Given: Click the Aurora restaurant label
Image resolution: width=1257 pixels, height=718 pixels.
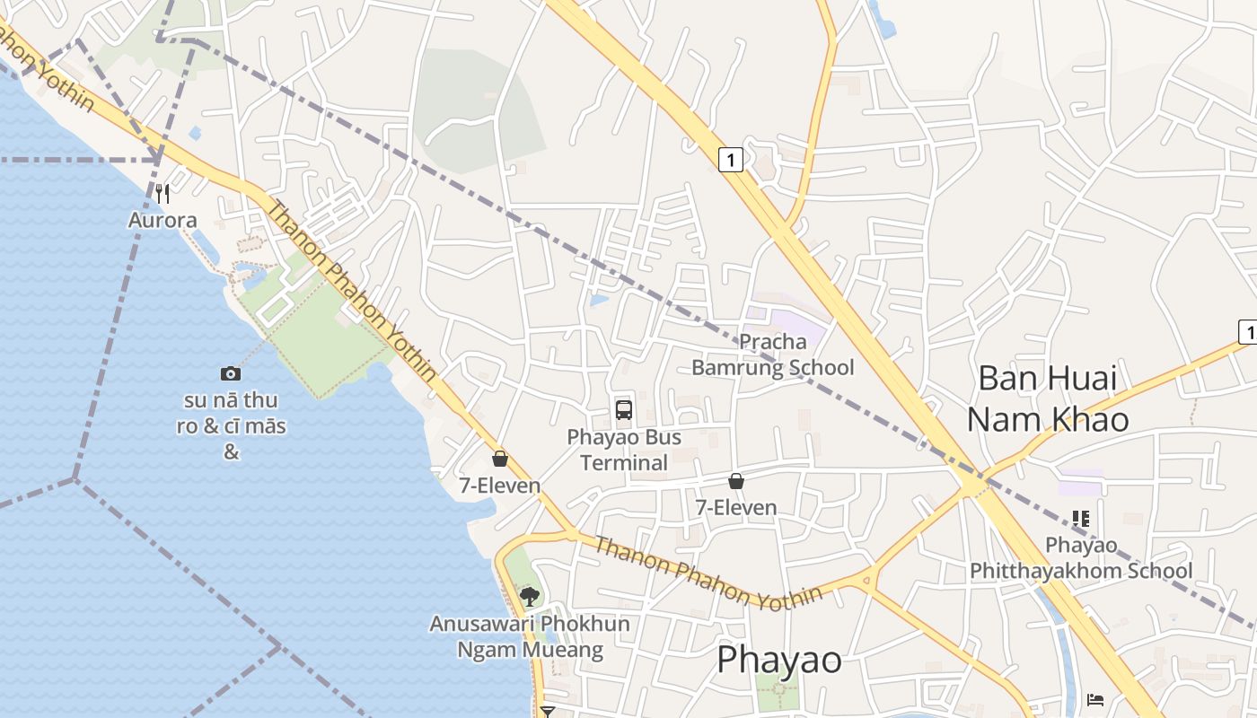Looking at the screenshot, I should pyautogui.click(x=163, y=220).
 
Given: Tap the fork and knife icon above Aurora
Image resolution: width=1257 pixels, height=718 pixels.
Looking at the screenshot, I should pyautogui.click(x=163, y=193).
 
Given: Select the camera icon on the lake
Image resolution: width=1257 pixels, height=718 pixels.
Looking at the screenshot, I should pyautogui.click(x=231, y=373).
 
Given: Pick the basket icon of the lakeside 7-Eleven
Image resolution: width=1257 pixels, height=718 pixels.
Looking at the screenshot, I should pyautogui.click(x=500, y=459).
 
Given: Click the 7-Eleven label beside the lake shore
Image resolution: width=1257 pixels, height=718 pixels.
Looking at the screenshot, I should pyautogui.click(x=500, y=486).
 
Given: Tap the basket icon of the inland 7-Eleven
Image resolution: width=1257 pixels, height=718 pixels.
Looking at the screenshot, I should pyautogui.click(x=736, y=481).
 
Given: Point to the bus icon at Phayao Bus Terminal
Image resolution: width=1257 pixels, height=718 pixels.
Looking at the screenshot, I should pyautogui.click(x=624, y=410).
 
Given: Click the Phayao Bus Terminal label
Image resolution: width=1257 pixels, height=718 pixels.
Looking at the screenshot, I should pyautogui.click(x=624, y=450).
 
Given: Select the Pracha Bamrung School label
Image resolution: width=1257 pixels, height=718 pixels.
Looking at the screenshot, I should pyautogui.click(x=772, y=355).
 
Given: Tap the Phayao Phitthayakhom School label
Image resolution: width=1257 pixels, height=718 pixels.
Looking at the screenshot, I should pyautogui.click(x=1081, y=558).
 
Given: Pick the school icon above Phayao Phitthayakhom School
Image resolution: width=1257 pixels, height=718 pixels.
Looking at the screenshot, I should pyautogui.click(x=1081, y=519).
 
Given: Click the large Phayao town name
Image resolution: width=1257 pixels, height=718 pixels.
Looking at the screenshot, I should pyautogui.click(x=779, y=660).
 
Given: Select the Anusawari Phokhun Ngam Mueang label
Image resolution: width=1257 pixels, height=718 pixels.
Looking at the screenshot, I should pyautogui.click(x=530, y=636).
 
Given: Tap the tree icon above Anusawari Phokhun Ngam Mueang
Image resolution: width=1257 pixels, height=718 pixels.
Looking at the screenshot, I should pyautogui.click(x=530, y=595).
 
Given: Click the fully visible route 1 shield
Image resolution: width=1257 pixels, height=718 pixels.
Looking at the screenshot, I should pyautogui.click(x=732, y=161).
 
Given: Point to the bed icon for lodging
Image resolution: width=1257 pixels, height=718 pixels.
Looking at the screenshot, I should pyautogui.click(x=1095, y=699).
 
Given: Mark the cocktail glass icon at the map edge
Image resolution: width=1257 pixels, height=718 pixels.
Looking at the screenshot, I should pyautogui.click(x=548, y=711).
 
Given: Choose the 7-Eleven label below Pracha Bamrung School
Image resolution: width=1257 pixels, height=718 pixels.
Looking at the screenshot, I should pyautogui.click(x=736, y=508).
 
